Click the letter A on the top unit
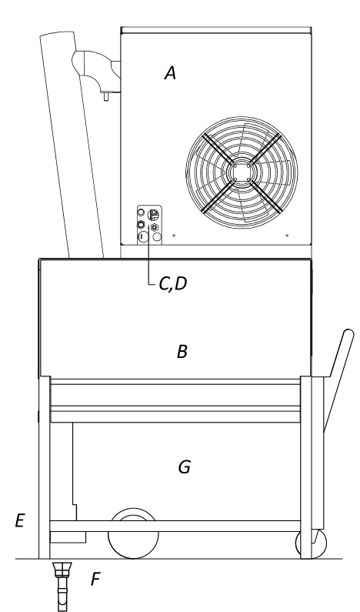pyautogui.click(x=170, y=73)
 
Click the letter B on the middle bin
pyautogui.click(x=182, y=352)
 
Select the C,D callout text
pyautogui.click(x=173, y=284)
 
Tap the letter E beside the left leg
pyautogui.click(x=20, y=520)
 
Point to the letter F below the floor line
pyautogui.click(x=95, y=579)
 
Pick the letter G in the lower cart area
pyautogui.click(x=184, y=467)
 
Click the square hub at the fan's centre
pyautogui.click(x=242, y=172)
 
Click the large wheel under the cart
pyautogui.click(x=133, y=533)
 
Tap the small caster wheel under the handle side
pyautogui.click(x=312, y=543)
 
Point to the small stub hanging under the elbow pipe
pyautogui.click(x=106, y=95)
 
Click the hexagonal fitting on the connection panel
pyautogui.click(x=155, y=227)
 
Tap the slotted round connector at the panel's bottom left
pyautogui.click(x=142, y=236)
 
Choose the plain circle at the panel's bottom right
pyautogui.click(x=157, y=236)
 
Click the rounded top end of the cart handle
pyautogui.click(x=348, y=335)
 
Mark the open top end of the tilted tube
pyautogui.click(x=57, y=35)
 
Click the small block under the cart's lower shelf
pyautogui.click(x=68, y=537)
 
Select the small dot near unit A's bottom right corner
pyautogui.click(x=287, y=236)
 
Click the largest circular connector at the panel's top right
pyautogui.click(x=153, y=214)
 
